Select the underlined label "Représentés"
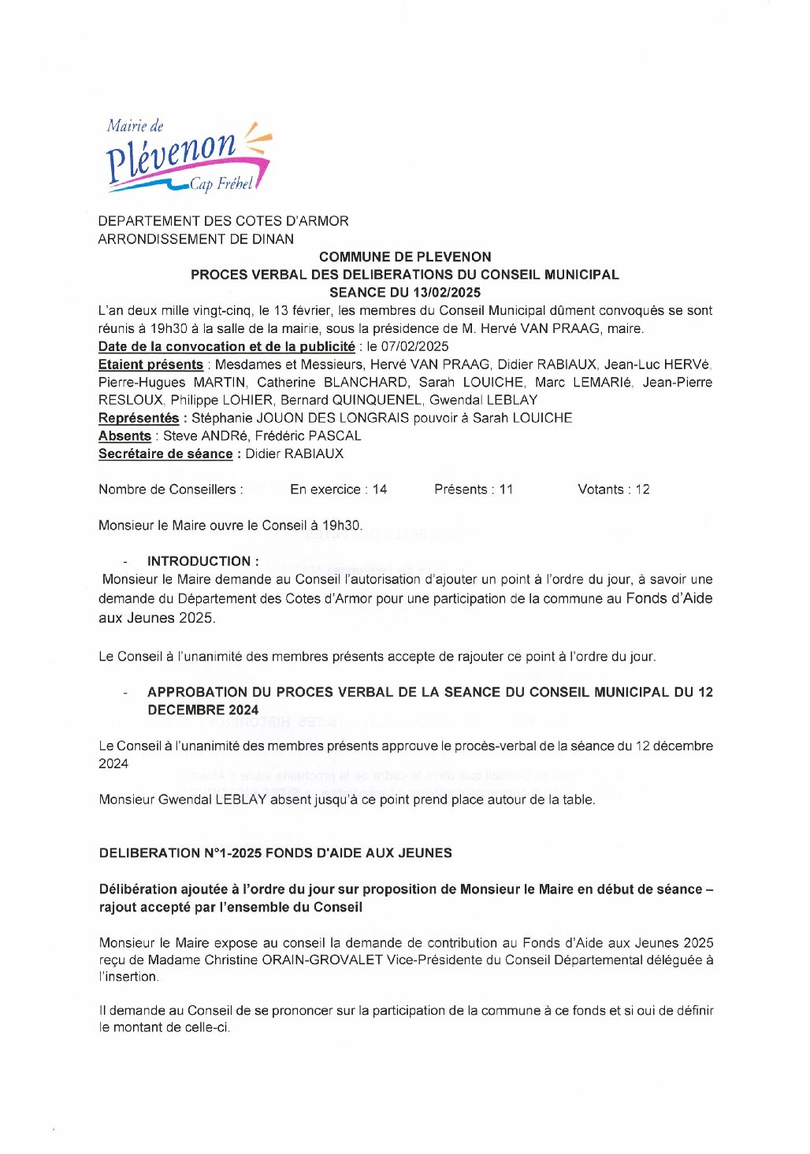pos(139,418)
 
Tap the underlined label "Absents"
pos(124,436)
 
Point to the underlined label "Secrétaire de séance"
pos(165,454)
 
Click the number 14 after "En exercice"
pos(379,490)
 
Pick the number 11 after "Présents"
pos(505,490)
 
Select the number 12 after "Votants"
pos(642,490)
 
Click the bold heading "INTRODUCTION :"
pos(202,561)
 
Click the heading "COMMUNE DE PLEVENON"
pos(405,257)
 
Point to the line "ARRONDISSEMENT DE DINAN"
pos(195,239)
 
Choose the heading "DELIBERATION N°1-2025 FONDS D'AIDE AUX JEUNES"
pos(275,853)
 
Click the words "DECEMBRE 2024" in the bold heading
pos(202,710)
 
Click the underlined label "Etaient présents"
pos(150,364)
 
